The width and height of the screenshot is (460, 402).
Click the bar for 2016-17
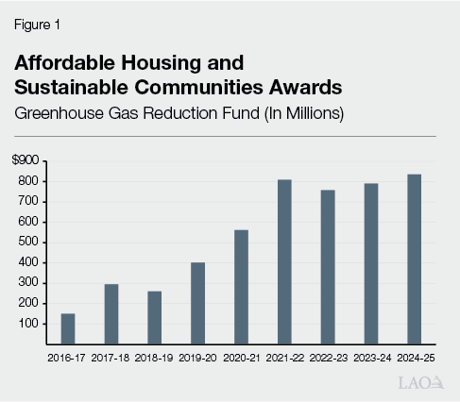click(x=68, y=328)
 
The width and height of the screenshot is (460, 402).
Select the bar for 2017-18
click(x=111, y=313)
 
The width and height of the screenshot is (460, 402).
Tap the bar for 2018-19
click(x=154, y=317)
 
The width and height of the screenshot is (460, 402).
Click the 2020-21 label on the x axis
click(x=241, y=358)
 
